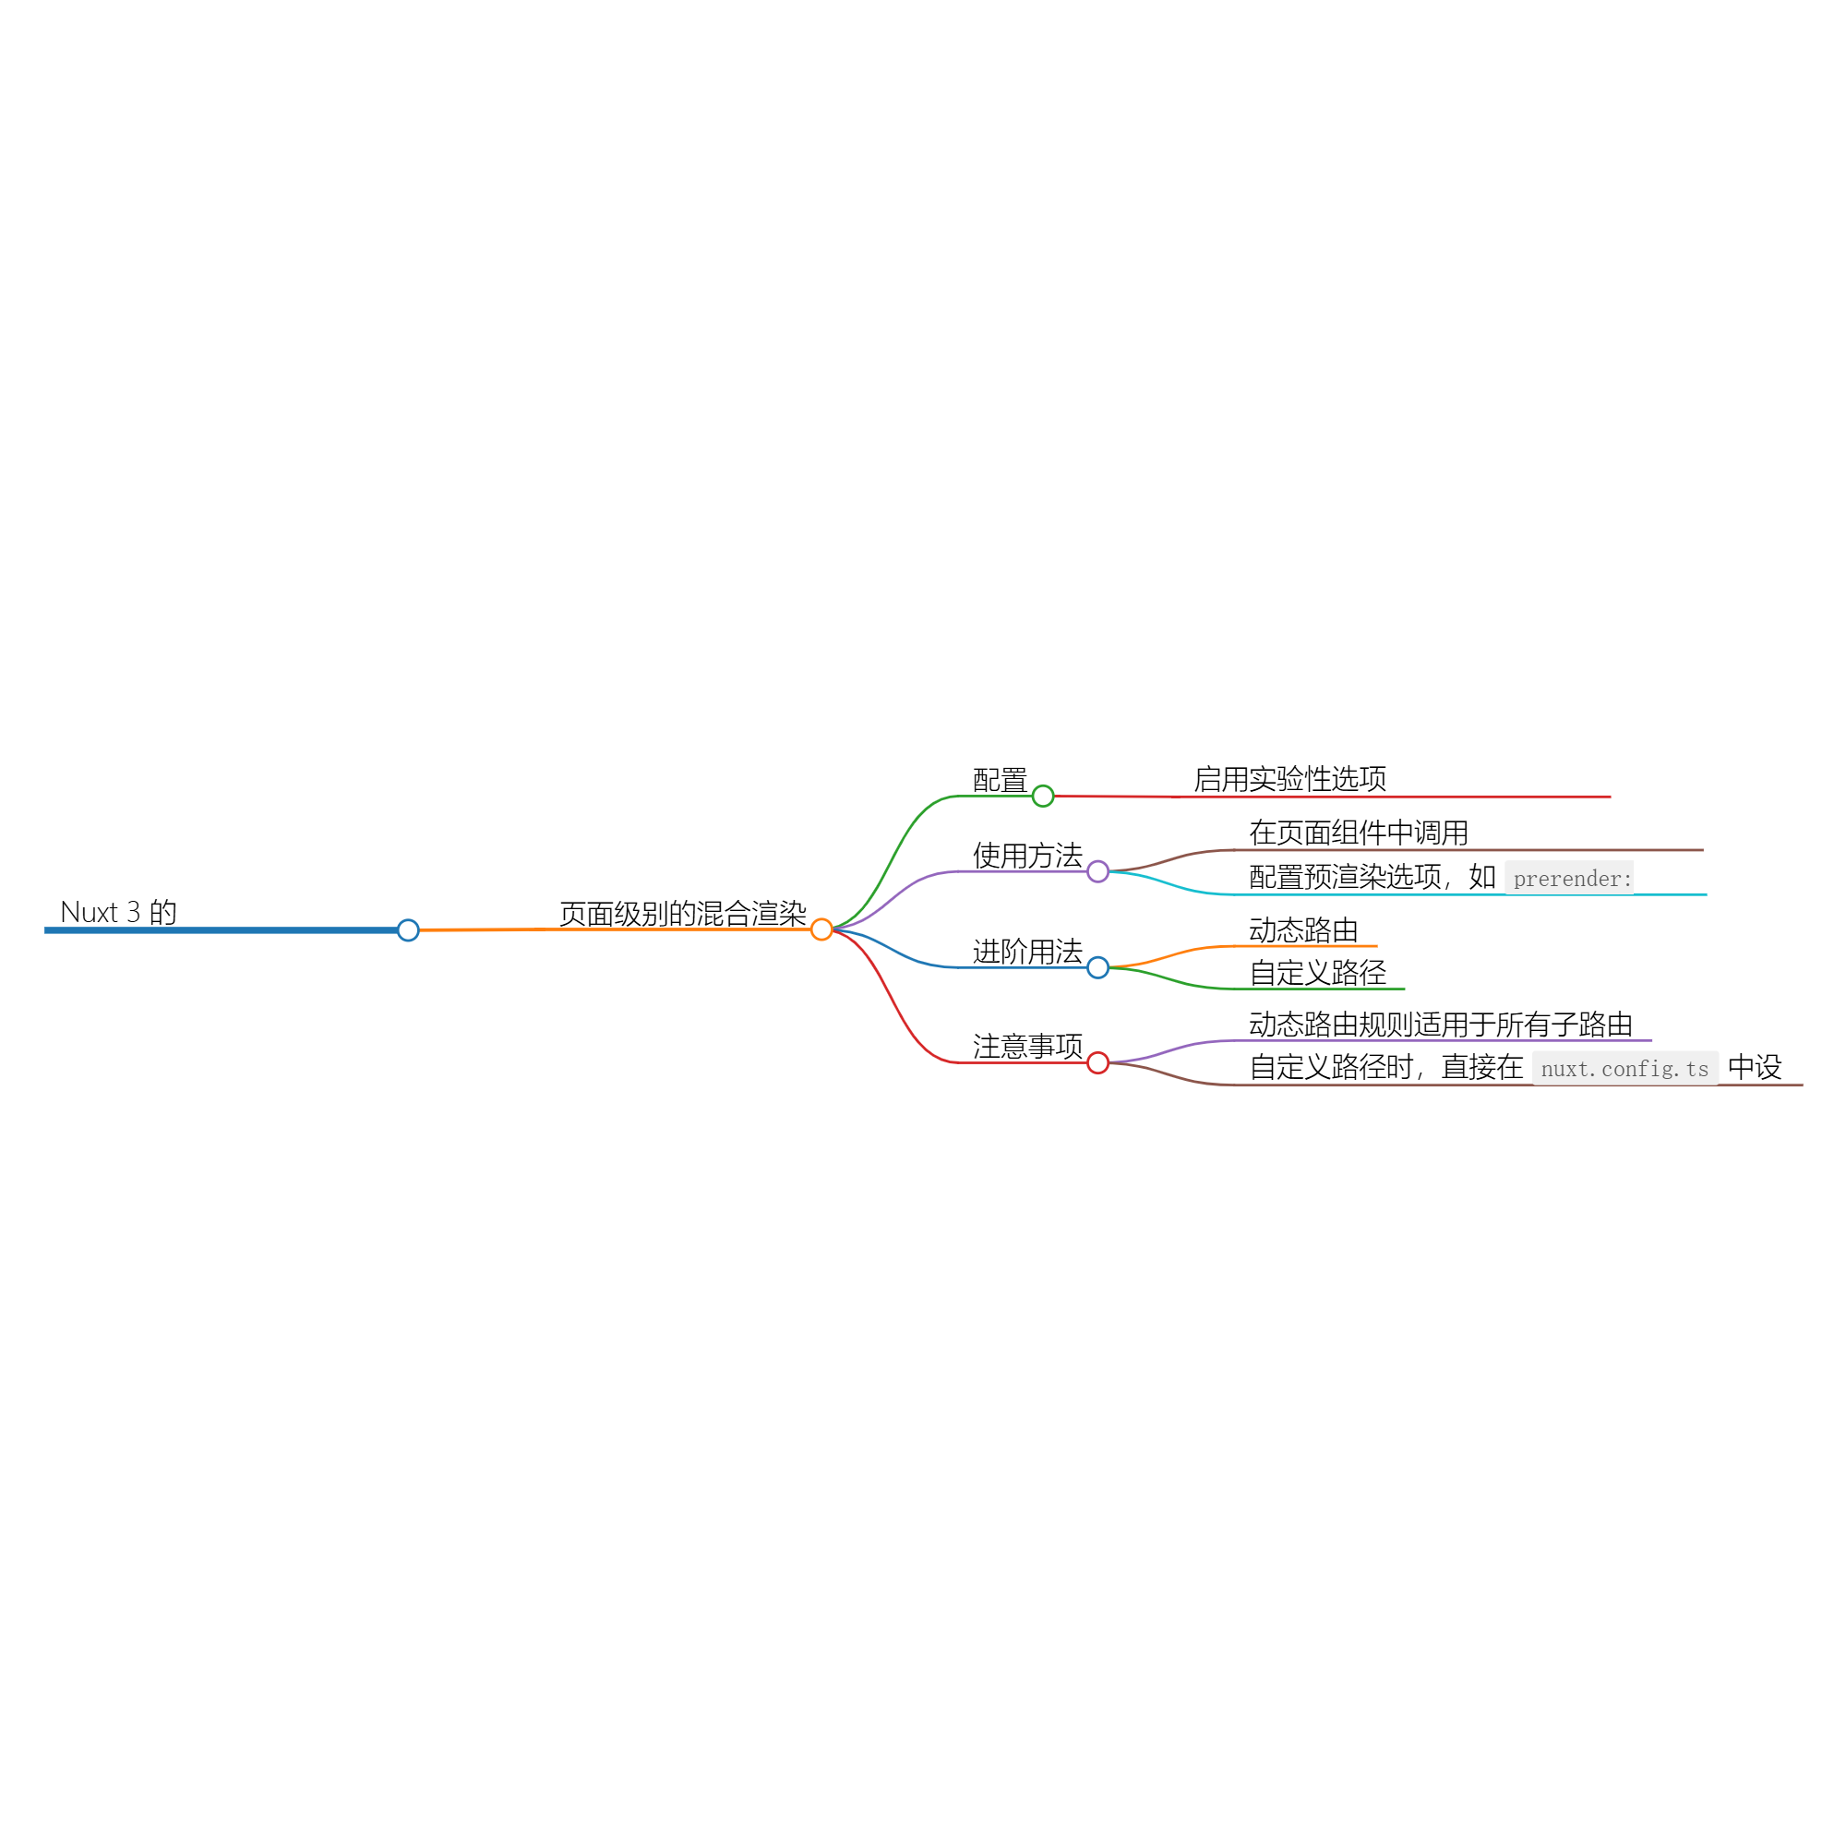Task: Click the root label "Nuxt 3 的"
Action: [118, 912]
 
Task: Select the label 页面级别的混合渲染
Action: [683, 914]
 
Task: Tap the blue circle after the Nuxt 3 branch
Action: [408, 929]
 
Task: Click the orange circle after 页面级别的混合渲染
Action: [821, 929]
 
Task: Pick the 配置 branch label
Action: [1001, 781]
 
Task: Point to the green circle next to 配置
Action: [1043, 796]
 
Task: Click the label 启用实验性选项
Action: [1290, 779]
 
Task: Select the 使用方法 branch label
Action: [1028, 856]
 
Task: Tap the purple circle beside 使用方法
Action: [1097, 871]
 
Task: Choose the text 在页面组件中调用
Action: [1359, 833]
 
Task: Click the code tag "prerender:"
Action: [1570, 878]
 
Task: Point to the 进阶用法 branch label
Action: [1028, 952]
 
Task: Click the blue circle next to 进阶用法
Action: [1097, 968]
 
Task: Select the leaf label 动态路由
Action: [1304, 929]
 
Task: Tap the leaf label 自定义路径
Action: [1318, 973]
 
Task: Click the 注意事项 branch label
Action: [1028, 1047]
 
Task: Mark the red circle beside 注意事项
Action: [1097, 1062]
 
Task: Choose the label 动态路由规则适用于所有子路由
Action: [1441, 1025]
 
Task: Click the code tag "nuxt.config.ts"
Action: [1625, 1068]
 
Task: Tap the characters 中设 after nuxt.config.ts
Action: [1756, 1066]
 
